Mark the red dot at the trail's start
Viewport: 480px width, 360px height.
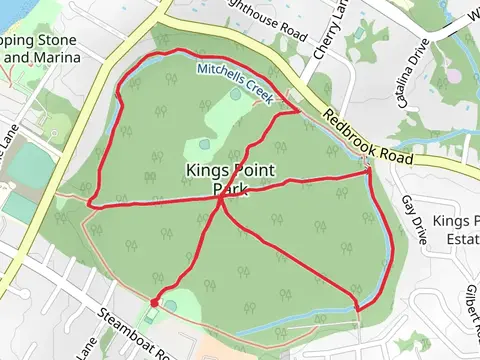(154, 302)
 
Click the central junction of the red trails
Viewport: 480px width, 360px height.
(221, 198)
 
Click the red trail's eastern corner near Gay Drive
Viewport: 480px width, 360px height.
(369, 172)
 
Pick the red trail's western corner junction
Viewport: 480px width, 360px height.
(90, 205)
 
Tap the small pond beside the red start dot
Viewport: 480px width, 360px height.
(170, 306)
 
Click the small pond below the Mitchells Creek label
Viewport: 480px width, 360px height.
(235, 95)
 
